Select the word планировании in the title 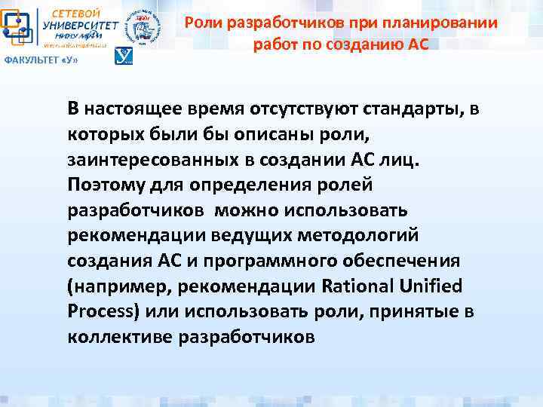451,23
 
